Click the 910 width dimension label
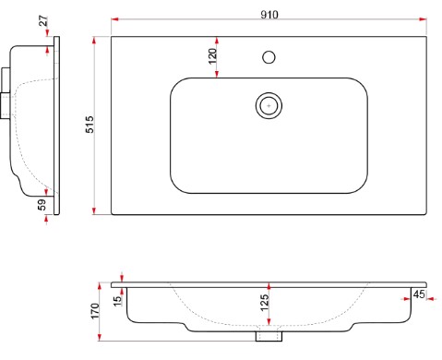coord(269,15)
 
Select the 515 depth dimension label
coord(90,125)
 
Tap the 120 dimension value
coord(212,56)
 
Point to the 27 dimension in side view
coord(43,20)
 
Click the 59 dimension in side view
coord(42,205)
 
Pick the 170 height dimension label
coord(95,311)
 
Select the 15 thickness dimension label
coord(117,301)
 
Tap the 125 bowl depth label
coord(264,303)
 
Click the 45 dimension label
coord(419,294)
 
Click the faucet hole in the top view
coord(269,57)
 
